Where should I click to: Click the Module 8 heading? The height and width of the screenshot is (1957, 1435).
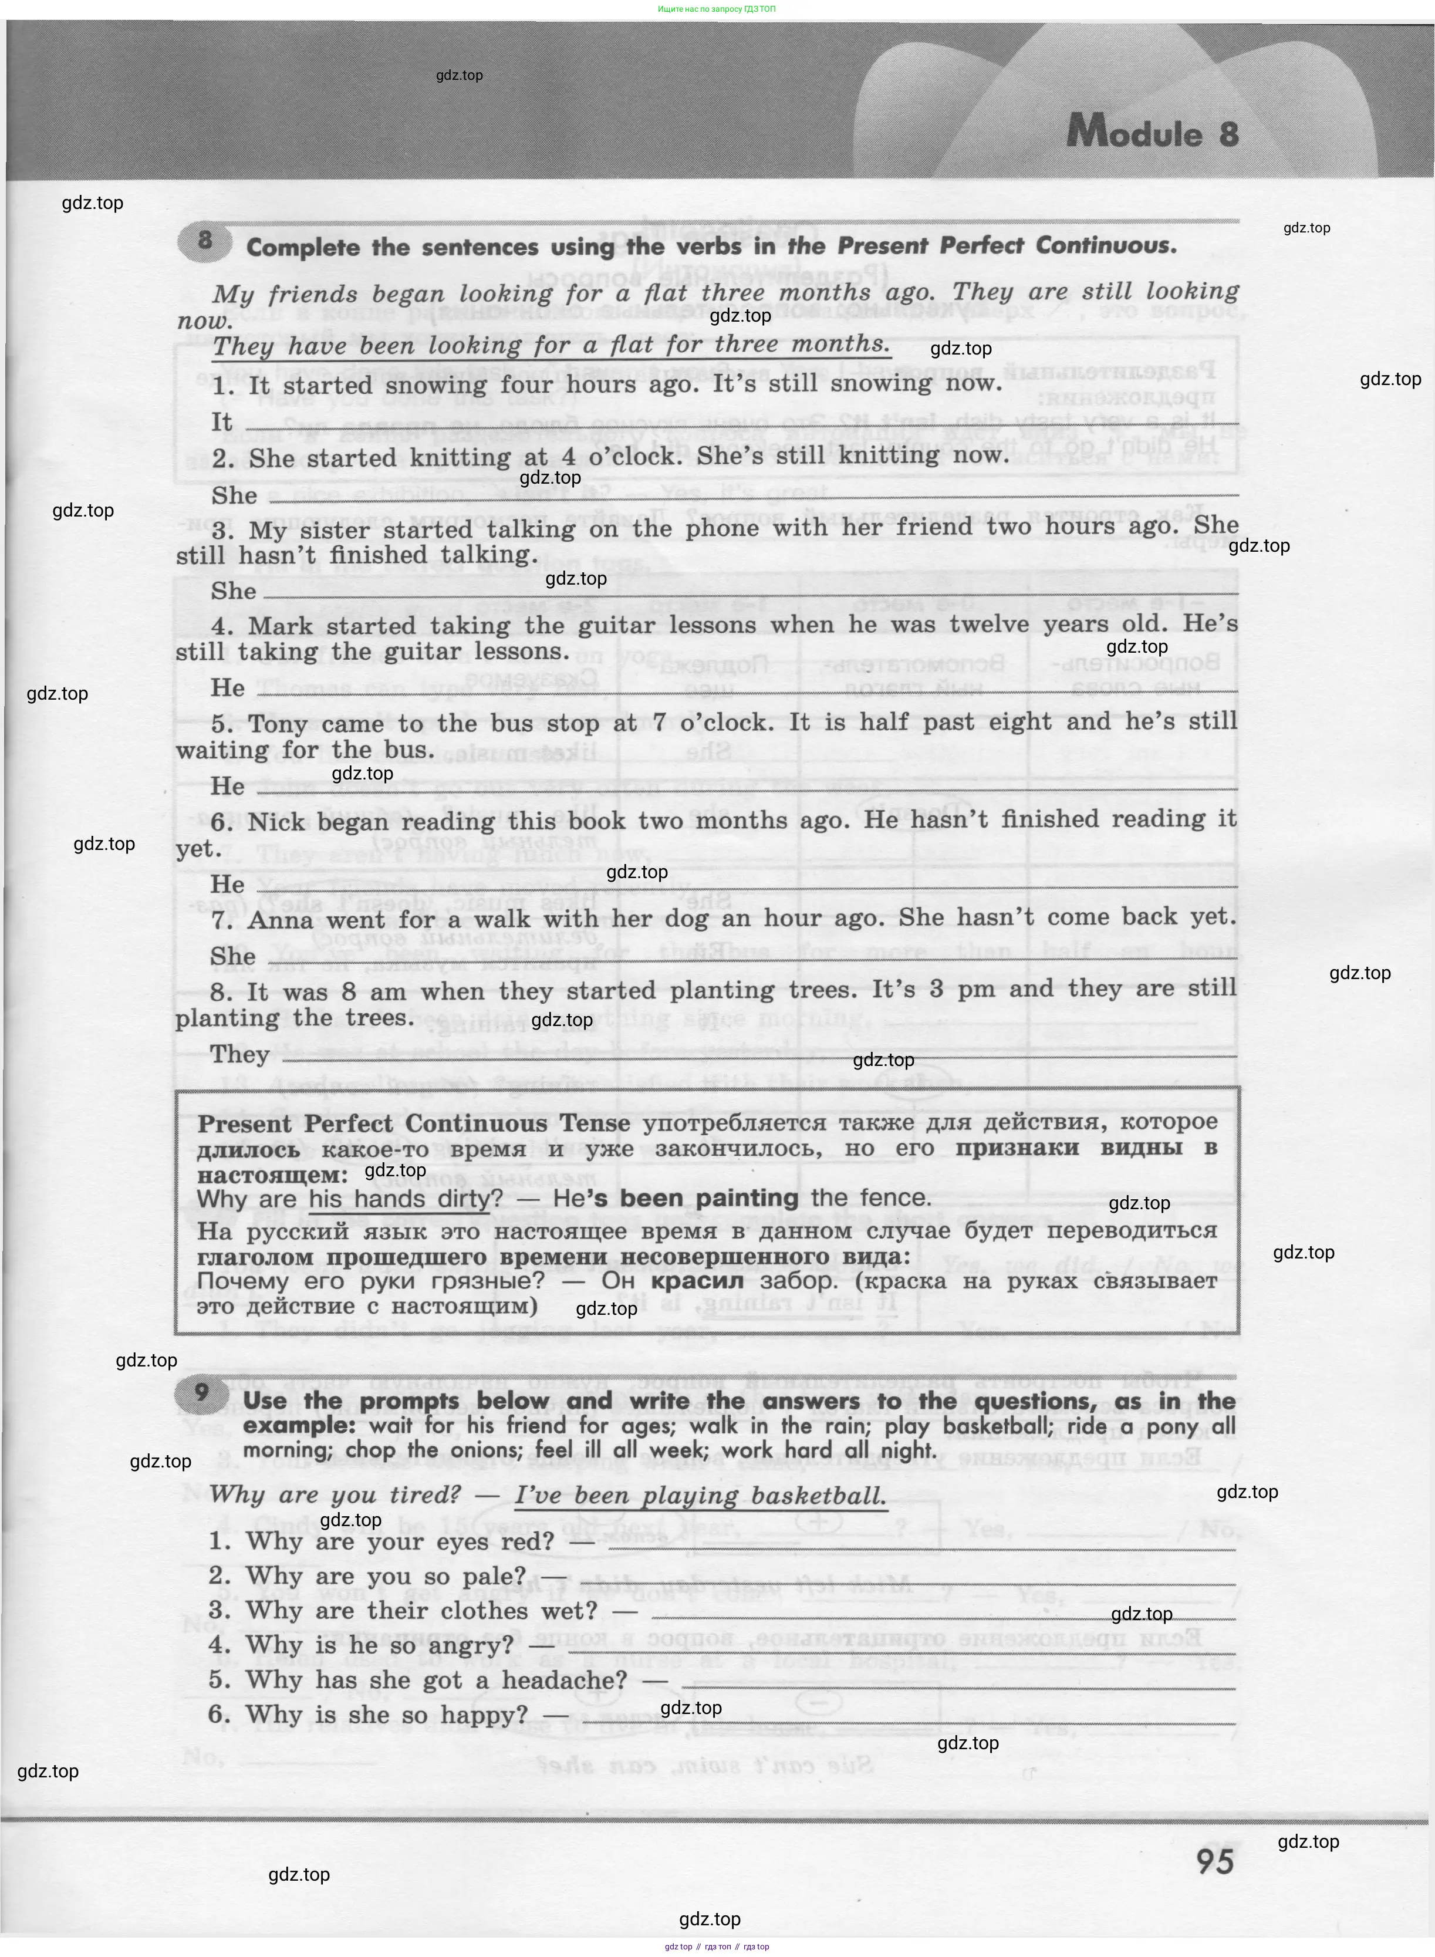[1152, 133]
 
